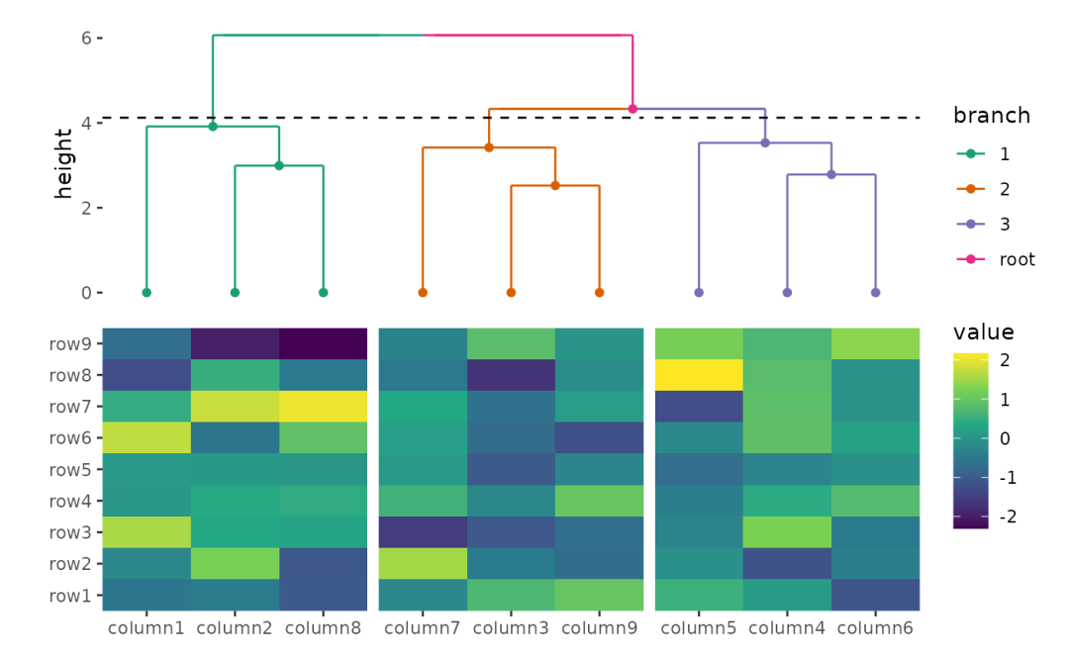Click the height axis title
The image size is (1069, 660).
tap(64, 164)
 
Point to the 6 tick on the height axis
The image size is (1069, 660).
tap(86, 38)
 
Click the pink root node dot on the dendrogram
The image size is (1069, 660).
tap(632, 109)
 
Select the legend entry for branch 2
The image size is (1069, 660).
tap(1005, 189)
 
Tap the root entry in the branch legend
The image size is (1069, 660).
tap(1017, 259)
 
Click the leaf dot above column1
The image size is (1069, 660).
tap(146, 293)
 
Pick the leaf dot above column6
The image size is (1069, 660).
tap(875, 293)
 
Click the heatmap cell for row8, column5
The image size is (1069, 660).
tap(699, 375)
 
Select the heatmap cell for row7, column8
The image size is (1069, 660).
tap(323, 407)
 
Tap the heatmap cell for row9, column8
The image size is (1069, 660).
tap(323, 344)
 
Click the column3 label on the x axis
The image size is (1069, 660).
tap(511, 628)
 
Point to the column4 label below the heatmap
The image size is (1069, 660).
tap(787, 628)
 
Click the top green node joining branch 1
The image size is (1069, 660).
tap(213, 127)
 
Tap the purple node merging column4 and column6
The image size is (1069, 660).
tap(831, 174)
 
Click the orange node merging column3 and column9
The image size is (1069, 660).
tap(555, 185)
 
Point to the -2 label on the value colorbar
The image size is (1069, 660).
tap(1006, 517)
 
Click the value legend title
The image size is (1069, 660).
tap(983, 332)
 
